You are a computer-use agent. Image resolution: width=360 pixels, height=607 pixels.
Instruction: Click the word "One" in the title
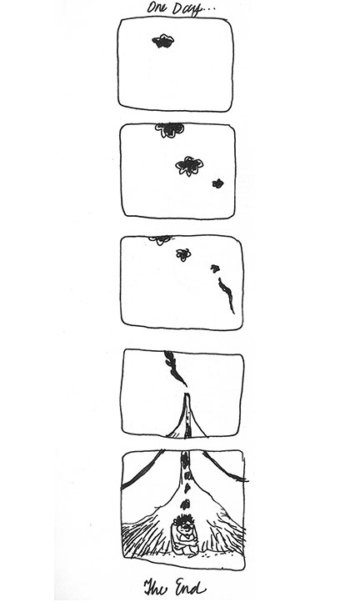point(156,8)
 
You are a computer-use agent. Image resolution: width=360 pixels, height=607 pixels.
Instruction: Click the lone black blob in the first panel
point(163,41)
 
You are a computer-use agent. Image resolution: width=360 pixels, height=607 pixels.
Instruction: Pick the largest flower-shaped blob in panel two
point(189,166)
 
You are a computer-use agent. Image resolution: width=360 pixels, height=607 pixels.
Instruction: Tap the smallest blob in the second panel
point(218,183)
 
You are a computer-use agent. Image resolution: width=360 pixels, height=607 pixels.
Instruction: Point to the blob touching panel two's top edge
point(169,130)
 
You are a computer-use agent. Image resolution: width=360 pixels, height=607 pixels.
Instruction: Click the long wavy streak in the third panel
point(227,294)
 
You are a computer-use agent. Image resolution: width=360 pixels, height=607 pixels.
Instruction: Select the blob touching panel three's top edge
point(160,239)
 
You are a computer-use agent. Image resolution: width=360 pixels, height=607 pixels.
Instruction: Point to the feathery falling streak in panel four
point(174,368)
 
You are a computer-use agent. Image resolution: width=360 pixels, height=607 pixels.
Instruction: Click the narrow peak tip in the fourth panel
point(187,394)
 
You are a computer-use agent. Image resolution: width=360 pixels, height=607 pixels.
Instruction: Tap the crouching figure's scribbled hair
point(184,521)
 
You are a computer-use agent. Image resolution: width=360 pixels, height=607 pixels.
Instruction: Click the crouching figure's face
point(183,528)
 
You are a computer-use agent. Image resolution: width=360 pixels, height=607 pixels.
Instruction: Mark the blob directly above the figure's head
point(185,504)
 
